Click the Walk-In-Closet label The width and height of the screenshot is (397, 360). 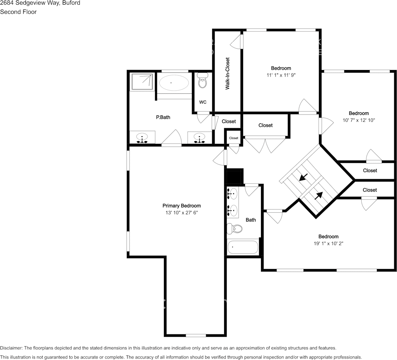[x=227, y=73]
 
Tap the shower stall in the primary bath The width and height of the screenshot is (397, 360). [x=142, y=82]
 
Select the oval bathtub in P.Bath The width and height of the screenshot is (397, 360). [x=174, y=82]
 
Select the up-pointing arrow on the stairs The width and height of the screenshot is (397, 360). [x=319, y=195]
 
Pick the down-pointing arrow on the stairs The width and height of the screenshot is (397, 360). [x=304, y=177]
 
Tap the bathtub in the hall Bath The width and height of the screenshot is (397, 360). [x=243, y=247]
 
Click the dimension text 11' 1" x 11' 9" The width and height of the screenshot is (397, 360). [x=281, y=75]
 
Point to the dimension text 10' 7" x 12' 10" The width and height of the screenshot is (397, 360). [x=359, y=120]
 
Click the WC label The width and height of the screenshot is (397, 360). [x=203, y=102]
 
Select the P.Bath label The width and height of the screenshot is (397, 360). [x=163, y=117]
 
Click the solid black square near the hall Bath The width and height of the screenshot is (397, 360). [x=235, y=176]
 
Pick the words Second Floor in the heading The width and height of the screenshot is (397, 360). [x=18, y=12]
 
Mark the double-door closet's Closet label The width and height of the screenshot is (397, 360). [x=266, y=125]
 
